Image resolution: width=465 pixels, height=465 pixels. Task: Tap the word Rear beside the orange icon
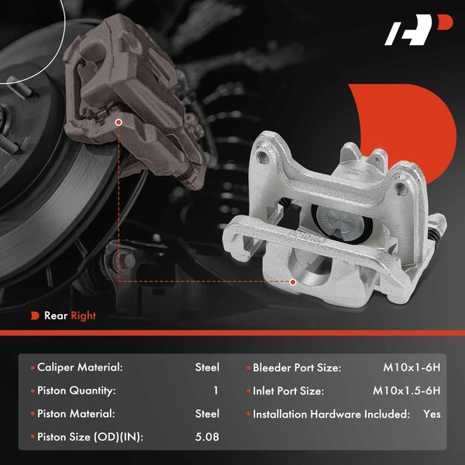(55, 315)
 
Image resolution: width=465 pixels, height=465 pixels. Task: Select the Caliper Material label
(81, 367)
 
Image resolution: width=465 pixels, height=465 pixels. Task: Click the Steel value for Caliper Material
(207, 367)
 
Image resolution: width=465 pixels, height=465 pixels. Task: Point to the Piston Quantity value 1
(215, 391)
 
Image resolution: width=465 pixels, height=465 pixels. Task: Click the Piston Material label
(76, 414)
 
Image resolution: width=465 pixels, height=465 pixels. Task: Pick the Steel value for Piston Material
(207, 414)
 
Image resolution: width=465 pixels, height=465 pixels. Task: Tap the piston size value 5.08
(207, 437)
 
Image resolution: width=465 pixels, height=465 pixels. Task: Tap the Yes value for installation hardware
(432, 414)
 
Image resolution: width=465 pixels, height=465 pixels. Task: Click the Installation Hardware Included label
(331, 414)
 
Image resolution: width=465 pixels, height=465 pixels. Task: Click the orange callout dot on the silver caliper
(293, 281)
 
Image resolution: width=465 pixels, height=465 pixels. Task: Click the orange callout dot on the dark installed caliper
(119, 122)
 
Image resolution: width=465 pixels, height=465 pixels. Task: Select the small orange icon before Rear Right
(35, 315)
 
